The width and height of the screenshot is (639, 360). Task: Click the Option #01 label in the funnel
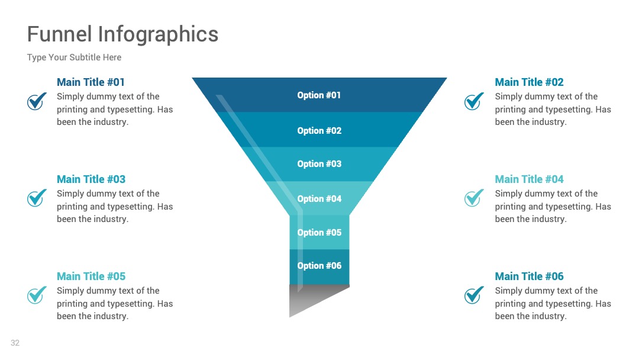point(319,95)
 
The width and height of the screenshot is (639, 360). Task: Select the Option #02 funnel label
point(319,130)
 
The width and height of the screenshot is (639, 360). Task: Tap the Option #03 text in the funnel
point(319,163)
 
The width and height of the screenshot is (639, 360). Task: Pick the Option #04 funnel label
point(319,198)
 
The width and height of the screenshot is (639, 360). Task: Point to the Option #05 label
point(319,232)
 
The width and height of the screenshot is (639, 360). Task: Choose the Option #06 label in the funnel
point(319,265)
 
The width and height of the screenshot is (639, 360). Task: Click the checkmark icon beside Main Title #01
point(36,101)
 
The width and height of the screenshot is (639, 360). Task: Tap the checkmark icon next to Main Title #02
point(473,101)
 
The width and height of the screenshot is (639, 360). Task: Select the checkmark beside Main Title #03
point(36,198)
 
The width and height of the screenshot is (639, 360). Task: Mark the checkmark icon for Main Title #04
point(473,198)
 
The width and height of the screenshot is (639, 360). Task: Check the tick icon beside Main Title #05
point(36,295)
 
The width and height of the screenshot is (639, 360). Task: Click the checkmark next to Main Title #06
point(473,295)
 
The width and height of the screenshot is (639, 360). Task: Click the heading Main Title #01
point(91,82)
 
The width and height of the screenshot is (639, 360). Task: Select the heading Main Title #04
point(529,179)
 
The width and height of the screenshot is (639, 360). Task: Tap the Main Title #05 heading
point(91,276)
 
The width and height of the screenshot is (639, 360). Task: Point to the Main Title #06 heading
point(529,276)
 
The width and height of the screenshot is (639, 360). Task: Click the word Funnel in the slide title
point(60,34)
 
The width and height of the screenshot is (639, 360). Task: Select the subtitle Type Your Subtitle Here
point(74,57)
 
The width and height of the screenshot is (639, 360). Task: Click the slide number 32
point(15,343)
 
